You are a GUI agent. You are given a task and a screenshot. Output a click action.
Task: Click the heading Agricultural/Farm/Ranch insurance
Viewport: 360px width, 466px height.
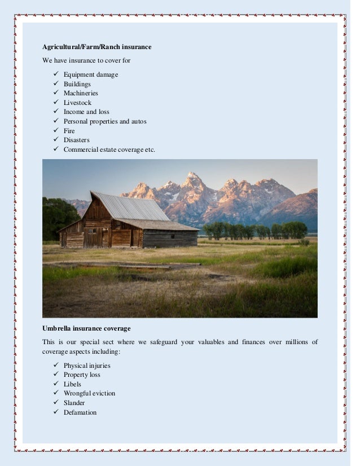[97, 47]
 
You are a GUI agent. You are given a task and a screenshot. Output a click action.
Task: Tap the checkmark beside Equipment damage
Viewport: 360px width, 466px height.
[55, 74]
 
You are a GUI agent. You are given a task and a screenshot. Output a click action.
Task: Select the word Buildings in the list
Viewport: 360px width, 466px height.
[77, 84]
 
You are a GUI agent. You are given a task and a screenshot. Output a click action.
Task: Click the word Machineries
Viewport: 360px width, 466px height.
[81, 93]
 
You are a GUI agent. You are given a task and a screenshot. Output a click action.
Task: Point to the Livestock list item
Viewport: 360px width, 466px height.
[77, 103]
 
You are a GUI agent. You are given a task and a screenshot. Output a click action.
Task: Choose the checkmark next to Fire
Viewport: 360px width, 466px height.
[55, 130]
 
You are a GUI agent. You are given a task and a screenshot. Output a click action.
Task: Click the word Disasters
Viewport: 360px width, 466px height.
[76, 140]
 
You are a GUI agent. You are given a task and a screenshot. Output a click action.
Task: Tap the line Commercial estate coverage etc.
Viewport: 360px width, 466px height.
[109, 150]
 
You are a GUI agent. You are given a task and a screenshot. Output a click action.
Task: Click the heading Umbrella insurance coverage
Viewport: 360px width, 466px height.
[86, 328]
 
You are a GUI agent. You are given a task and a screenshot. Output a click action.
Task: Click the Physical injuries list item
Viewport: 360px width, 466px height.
[87, 366]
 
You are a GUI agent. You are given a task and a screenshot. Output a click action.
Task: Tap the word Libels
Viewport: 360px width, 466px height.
[72, 384]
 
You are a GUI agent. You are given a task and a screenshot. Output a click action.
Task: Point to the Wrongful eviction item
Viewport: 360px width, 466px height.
[89, 393]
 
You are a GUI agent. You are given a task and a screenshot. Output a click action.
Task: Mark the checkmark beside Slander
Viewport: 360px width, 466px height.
[55, 403]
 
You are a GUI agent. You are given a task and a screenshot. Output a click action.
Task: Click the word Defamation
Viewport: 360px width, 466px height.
[80, 412]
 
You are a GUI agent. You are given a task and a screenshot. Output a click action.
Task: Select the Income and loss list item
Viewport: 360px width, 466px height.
[86, 112]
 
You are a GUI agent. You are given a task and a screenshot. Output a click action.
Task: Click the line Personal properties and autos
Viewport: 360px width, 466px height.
[105, 121]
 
